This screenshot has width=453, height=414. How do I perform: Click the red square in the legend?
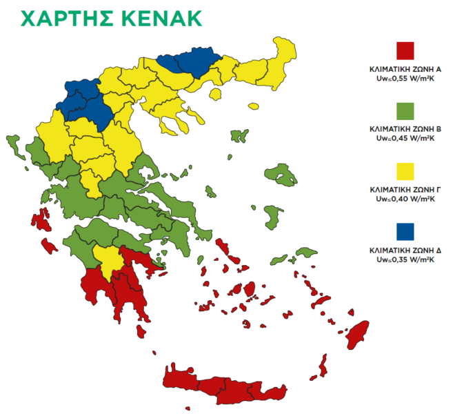pos(405,51)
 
